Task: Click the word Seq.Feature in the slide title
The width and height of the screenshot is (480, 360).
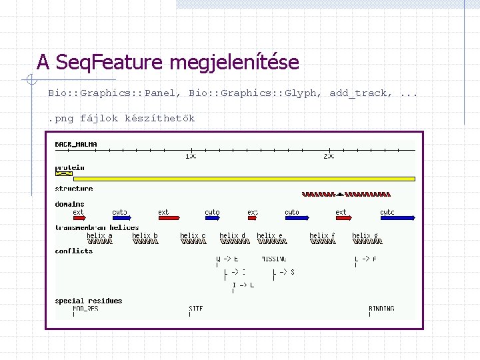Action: pos(109,63)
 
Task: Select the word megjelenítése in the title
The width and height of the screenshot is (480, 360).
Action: pos(234,63)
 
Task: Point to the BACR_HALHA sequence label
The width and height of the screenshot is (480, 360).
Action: pos(76,144)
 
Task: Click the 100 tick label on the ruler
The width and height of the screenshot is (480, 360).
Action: pos(191,156)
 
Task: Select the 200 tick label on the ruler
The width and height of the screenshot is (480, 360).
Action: pos(329,156)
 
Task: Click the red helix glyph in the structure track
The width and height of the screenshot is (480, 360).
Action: pos(346,195)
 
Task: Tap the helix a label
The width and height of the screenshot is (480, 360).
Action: pos(99,235)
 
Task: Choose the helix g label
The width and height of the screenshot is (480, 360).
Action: pos(365,235)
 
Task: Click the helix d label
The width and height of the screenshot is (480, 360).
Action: pos(233,235)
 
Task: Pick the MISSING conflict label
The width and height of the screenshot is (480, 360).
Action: pos(274,259)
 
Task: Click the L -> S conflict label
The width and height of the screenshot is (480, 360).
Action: pos(283,272)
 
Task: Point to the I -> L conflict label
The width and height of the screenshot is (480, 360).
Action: pos(243,285)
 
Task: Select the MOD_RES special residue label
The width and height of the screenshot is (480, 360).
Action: pos(85,309)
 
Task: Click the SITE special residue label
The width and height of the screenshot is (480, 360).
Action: pos(195,309)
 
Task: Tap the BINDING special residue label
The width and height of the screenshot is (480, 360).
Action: pos(381,309)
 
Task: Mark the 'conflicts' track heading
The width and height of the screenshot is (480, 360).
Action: pos(73,251)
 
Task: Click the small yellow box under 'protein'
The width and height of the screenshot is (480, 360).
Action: pos(64,173)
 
